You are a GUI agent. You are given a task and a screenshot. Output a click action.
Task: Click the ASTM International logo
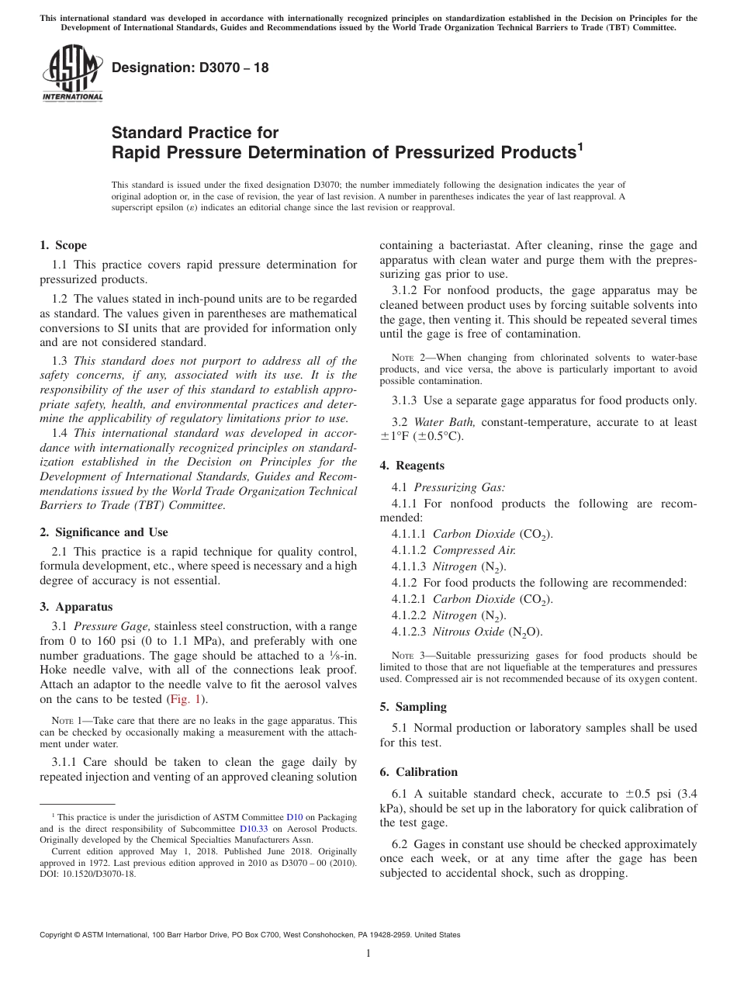[x=72, y=74]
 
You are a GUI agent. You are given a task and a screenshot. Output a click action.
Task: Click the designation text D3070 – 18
[x=190, y=68]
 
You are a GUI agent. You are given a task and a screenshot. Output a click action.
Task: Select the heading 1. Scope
[x=63, y=245]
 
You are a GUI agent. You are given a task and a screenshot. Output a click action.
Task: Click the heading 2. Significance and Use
[x=103, y=532]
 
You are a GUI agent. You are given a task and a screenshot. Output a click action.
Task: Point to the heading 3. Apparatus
[x=76, y=607]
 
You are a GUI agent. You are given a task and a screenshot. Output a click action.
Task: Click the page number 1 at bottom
[x=368, y=954]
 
